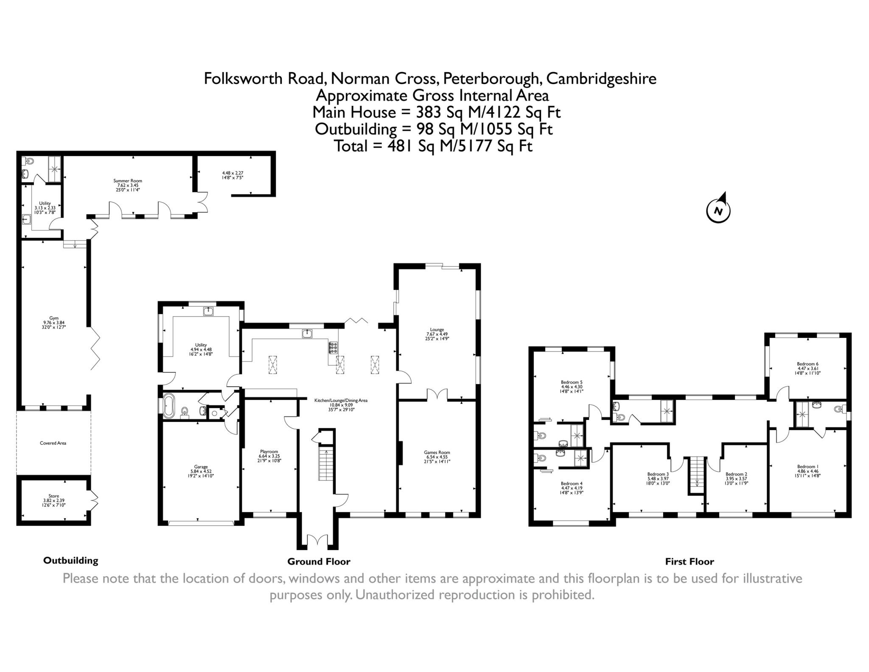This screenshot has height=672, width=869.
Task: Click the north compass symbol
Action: [718, 210]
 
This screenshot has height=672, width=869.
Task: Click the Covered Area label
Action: [53, 443]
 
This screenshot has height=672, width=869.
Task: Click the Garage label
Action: [201, 471]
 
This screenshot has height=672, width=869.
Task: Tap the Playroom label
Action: [269, 456]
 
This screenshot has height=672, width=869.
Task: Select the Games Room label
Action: [437, 457]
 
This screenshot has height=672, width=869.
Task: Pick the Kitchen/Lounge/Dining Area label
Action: [341, 405]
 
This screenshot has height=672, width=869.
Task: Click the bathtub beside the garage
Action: [169, 406]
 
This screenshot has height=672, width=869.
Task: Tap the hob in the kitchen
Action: [333, 348]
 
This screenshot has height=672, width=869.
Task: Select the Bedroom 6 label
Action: [807, 368]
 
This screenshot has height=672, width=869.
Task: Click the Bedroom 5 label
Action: [572, 386]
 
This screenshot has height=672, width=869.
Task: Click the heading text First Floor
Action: [690, 562]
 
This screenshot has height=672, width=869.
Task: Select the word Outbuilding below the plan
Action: [70, 560]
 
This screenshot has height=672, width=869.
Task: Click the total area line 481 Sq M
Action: [433, 146]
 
